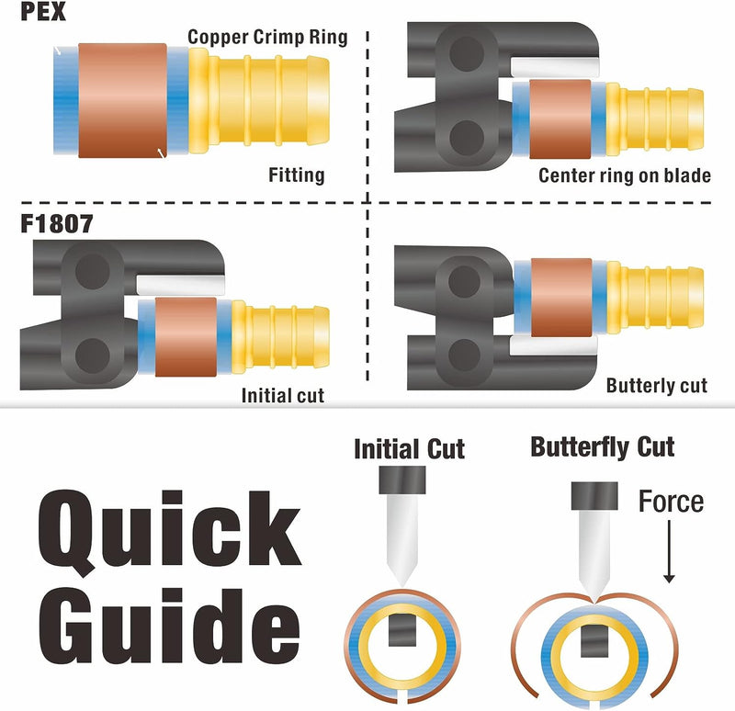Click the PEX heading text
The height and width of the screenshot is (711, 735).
pos(42,11)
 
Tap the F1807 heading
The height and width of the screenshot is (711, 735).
pos(57,223)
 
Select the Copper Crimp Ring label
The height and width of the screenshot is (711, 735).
pos(267,37)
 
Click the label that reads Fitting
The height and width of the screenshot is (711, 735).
pos(296,175)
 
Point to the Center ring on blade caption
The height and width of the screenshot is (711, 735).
pos(625,175)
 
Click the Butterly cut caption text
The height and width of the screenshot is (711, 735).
pos(656,385)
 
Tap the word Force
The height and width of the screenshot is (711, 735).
pos(671,502)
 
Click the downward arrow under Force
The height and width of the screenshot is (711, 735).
pos(669,552)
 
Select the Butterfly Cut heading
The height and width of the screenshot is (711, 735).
pos(603,446)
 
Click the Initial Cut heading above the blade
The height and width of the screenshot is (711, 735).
pos(409,449)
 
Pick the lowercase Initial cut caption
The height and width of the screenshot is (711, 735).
pos(283,396)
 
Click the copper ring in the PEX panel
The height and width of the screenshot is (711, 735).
pos(122,100)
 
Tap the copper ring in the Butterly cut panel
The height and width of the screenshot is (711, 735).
pos(561,298)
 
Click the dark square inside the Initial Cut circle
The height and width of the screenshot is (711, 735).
pos(402,630)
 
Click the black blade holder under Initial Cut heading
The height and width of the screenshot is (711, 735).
pos(402,480)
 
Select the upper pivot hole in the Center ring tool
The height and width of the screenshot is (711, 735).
pos(467,54)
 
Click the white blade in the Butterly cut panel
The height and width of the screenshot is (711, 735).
pos(553,345)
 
